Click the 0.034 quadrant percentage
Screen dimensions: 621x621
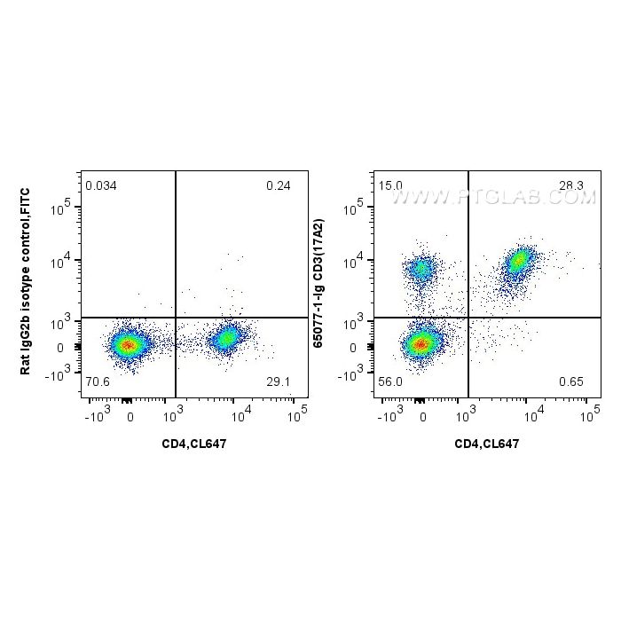[x=100, y=186]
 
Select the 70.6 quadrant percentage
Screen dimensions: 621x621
[x=97, y=382]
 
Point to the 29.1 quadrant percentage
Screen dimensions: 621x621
[x=278, y=382]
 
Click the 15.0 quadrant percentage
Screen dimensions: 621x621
[x=390, y=186]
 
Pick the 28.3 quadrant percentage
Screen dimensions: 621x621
[x=570, y=186]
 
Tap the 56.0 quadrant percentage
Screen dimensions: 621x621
[x=391, y=382]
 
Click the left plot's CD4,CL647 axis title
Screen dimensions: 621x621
[x=193, y=444]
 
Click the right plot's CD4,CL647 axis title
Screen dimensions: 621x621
[x=487, y=444]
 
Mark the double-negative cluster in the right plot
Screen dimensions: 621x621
[x=422, y=342]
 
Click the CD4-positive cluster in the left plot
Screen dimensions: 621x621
[x=228, y=338]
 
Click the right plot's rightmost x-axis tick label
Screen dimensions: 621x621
[x=589, y=413]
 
